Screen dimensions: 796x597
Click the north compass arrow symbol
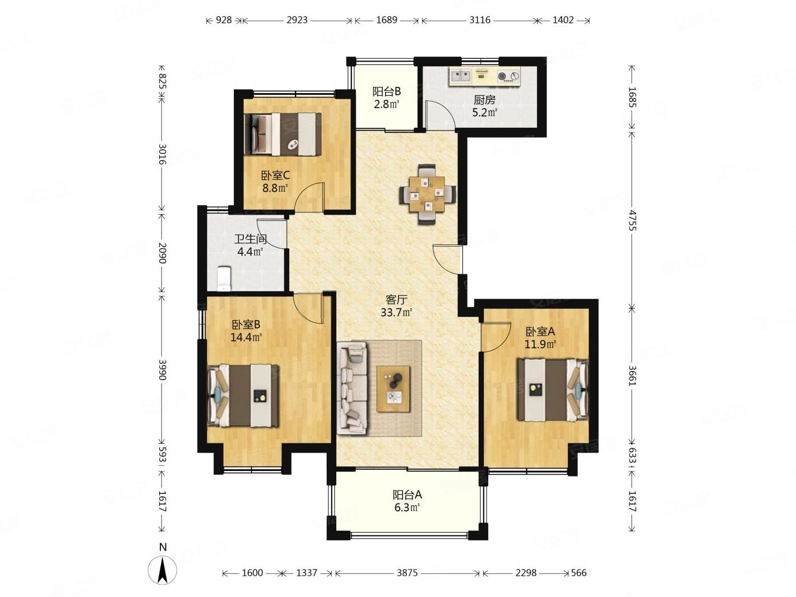point(163,569)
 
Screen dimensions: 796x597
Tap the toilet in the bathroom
point(224,279)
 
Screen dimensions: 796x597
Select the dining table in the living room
point(427,194)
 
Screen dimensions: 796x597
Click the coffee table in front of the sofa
point(394,389)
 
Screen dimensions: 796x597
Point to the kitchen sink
point(461,76)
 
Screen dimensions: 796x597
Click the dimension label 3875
point(407,573)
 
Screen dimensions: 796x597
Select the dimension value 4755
point(632,220)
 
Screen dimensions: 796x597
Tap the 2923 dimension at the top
point(297,20)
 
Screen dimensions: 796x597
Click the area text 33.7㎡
point(396,312)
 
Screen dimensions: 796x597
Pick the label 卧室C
point(275,176)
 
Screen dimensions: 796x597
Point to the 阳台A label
point(407,495)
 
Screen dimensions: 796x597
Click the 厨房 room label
point(484,100)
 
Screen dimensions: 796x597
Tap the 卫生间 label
point(250,239)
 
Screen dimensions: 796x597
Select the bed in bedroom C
point(283,134)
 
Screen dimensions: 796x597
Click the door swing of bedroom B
point(308,308)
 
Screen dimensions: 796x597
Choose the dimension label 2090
point(162,253)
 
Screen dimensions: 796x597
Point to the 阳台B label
point(387,91)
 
